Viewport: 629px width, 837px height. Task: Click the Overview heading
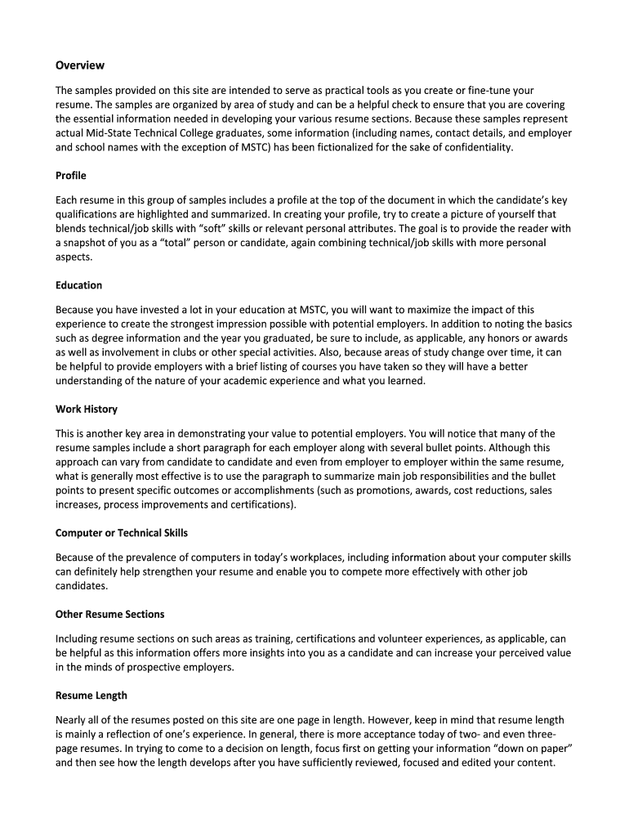[x=80, y=65]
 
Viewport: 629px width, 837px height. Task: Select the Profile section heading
[x=71, y=176]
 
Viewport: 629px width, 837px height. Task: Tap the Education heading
[x=78, y=285]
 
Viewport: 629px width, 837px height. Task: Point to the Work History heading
[x=87, y=409]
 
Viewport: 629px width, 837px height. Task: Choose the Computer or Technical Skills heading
[x=122, y=533]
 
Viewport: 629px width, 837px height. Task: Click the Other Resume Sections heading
[x=109, y=614]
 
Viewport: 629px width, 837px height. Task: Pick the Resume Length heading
[x=91, y=696]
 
